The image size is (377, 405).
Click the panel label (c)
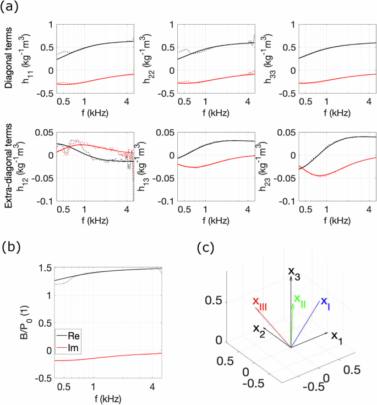[205, 247]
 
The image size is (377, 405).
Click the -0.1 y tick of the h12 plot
[23, 201]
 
